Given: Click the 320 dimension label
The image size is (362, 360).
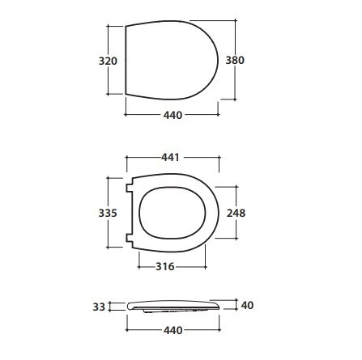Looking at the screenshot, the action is tap(108, 61).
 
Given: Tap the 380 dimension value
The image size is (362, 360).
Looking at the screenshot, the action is tap(235, 60).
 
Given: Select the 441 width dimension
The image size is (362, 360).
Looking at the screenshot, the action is tap(170, 157).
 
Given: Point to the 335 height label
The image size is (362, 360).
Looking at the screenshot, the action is tap(108, 213).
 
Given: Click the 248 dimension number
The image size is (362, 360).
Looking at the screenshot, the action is tap(236, 213).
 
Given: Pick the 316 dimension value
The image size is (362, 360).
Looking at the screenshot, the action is tap(165, 267).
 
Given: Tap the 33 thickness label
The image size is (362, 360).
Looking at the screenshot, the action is tap(99, 307).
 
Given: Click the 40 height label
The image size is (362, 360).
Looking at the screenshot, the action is tap(247, 305).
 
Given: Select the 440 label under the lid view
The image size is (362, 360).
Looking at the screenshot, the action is tap(172, 115).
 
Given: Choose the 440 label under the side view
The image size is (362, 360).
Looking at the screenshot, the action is tap(173, 330).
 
